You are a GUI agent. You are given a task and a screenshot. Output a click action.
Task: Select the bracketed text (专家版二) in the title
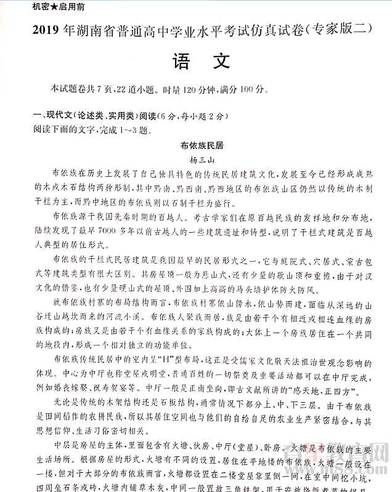tap(338, 30)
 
